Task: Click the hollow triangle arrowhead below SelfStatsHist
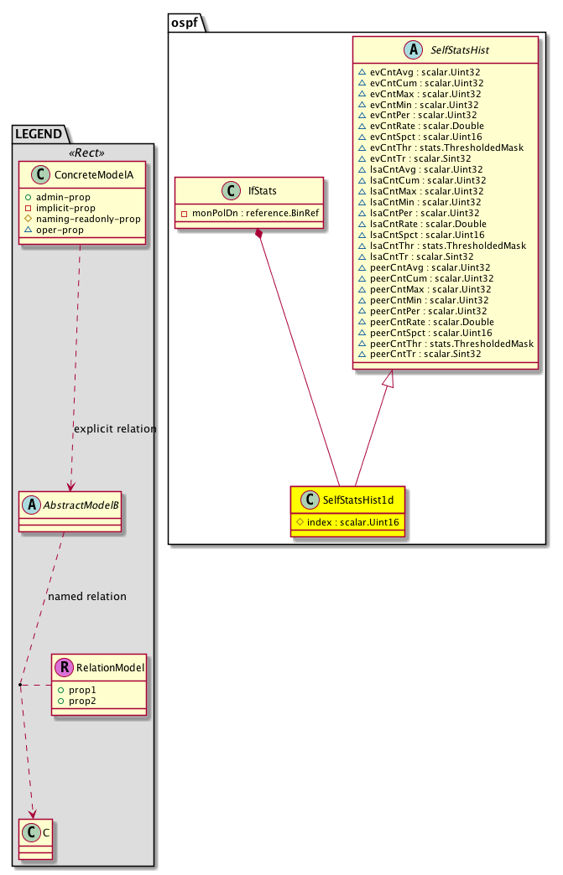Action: (387, 381)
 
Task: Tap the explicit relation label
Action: (115, 428)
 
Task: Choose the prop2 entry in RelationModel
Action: (81, 700)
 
